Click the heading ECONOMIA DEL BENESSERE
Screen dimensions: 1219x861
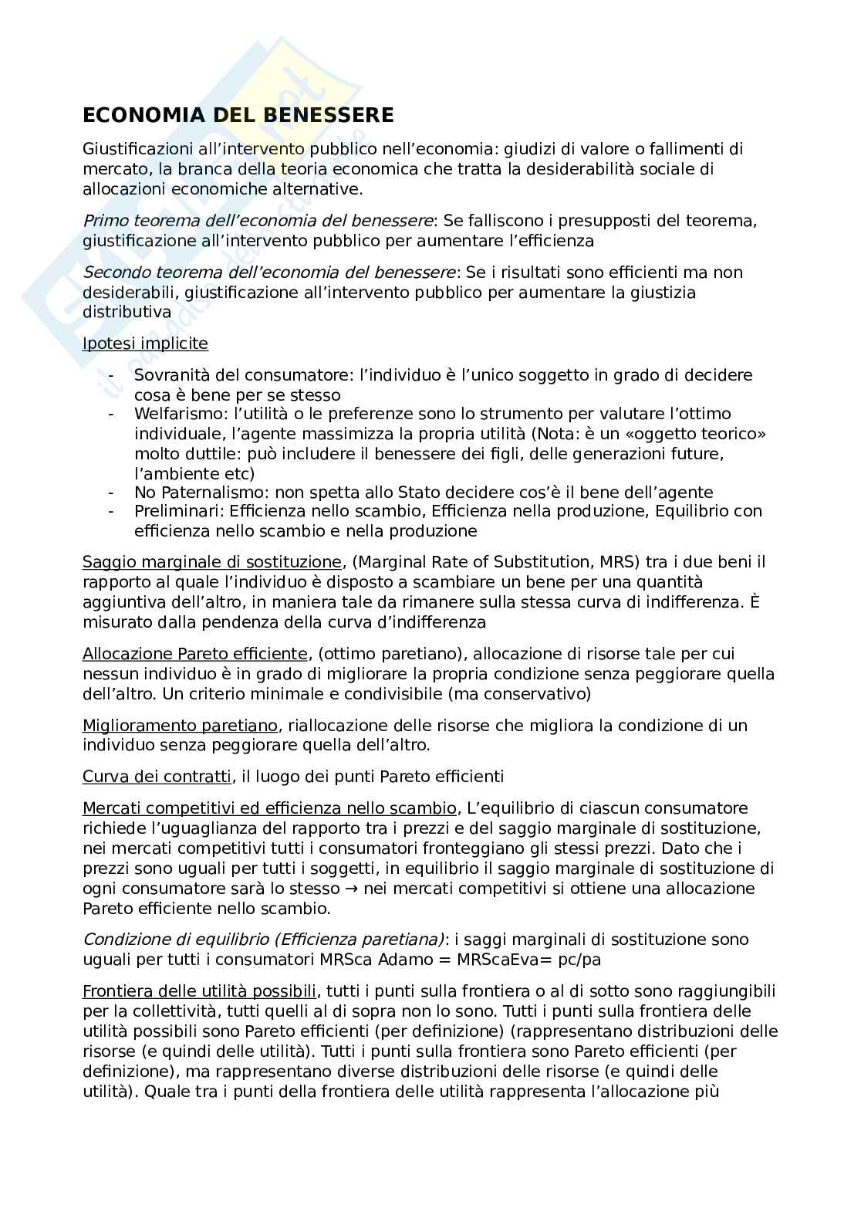(238, 116)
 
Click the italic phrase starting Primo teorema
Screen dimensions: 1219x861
(258, 221)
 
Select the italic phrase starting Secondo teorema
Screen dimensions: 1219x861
(269, 273)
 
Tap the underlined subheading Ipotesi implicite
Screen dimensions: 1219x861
(145, 344)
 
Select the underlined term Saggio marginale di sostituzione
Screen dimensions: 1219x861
(211, 562)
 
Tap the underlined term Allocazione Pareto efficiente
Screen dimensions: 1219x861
(196, 655)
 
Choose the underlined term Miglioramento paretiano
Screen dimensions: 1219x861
(179, 726)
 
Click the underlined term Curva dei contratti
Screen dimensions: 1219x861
(157, 777)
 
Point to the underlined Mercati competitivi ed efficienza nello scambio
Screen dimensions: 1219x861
(269, 808)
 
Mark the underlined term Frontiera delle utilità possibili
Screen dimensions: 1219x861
(199, 991)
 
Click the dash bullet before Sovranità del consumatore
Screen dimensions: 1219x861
(113, 376)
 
